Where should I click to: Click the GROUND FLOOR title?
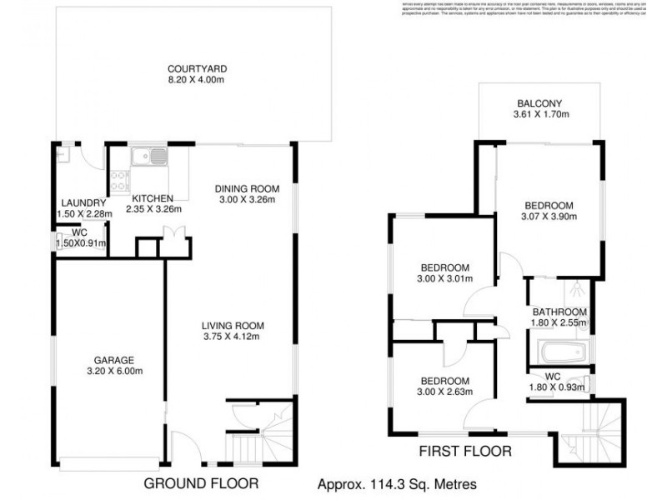[x=201, y=482]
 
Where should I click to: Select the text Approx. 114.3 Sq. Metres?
[x=397, y=483]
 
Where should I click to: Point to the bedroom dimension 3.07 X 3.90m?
[x=549, y=217]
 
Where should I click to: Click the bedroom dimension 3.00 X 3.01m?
[x=444, y=279]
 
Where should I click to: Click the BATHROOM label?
[x=559, y=312]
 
